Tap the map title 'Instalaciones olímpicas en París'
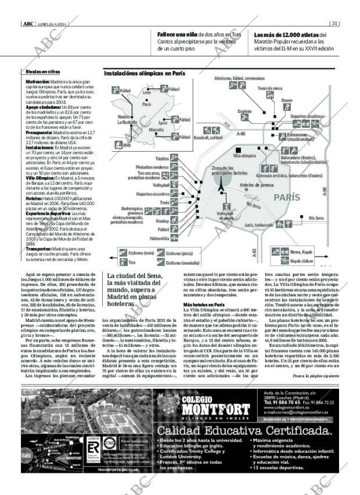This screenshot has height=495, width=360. pos(144,74)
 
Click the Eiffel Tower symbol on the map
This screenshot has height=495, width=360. pos(221,182)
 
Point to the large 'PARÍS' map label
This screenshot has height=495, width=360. pos(287,197)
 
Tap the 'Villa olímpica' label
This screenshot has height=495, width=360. pos(244,156)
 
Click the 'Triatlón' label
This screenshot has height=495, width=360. pos(162,158)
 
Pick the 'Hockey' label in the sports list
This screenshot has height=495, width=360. pos(163,221)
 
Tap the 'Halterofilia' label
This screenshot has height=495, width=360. pos(159,238)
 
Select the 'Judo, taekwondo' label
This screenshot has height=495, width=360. pos(259,224)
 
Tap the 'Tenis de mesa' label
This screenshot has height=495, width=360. pos(269,88)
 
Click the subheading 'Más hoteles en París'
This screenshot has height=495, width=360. pos(204,305)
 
